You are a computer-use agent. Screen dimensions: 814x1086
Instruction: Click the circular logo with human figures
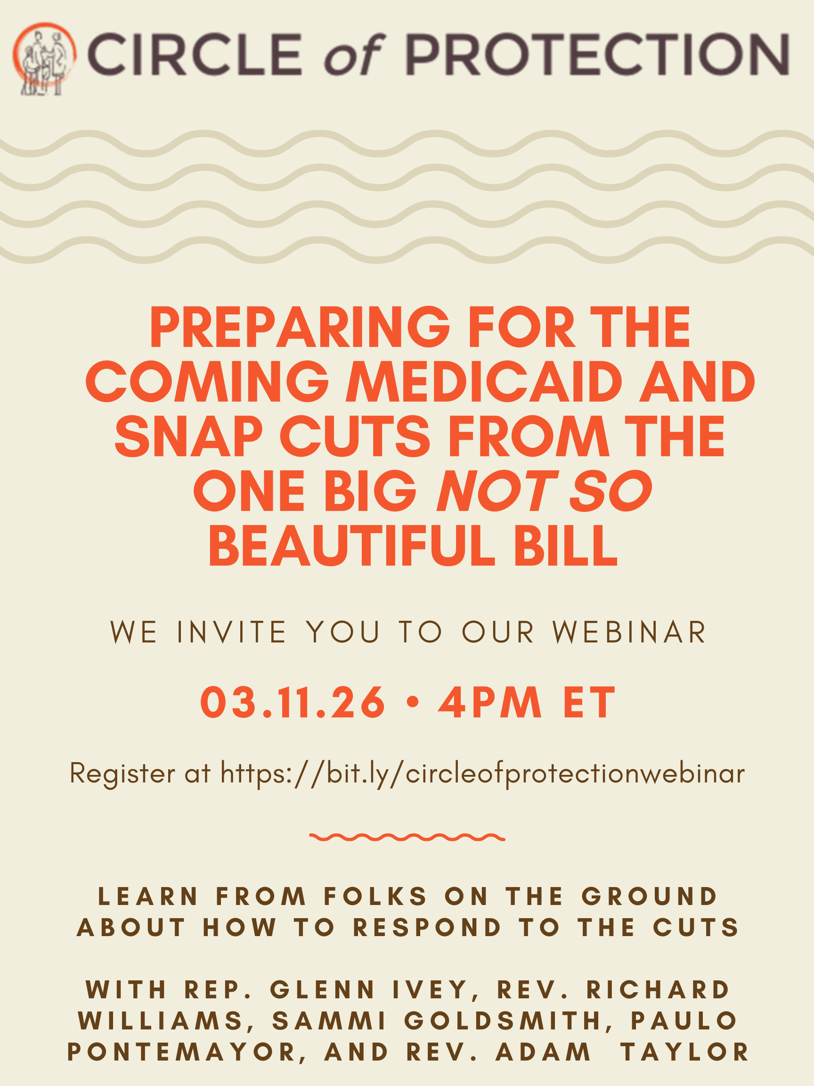(x=44, y=58)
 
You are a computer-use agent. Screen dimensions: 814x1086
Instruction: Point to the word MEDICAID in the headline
(x=484, y=381)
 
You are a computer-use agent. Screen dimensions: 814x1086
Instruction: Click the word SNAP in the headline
(x=188, y=436)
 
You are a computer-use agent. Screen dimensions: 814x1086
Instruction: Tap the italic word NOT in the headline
(x=497, y=491)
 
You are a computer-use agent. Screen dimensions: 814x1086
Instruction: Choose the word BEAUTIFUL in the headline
(x=352, y=545)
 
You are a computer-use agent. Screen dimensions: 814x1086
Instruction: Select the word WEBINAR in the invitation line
(x=629, y=632)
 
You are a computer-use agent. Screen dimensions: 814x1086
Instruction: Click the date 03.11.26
(x=293, y=703)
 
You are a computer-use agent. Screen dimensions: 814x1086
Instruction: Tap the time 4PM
(x=490, y=703)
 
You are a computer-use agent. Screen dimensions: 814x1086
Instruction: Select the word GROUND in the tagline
(x=650, y=897)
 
